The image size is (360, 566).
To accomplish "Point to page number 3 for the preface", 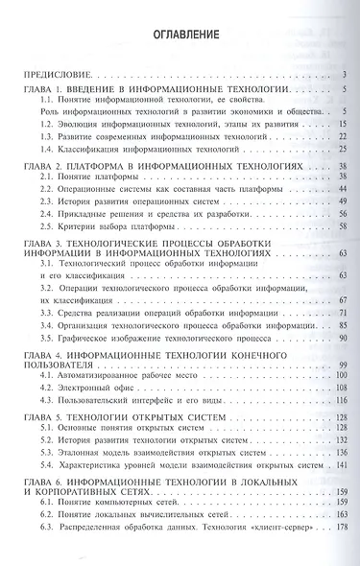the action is click(344, 74).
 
